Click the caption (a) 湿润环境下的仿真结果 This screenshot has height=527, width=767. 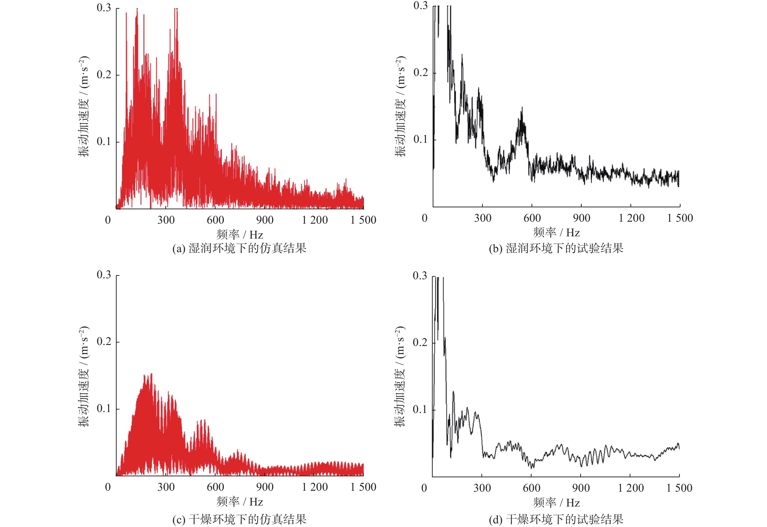tap(239, 248)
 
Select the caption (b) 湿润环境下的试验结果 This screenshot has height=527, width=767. tap(556, 248)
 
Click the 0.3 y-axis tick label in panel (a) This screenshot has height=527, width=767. tap(104, 8)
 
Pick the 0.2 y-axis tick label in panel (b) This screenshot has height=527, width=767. tap(421, 72)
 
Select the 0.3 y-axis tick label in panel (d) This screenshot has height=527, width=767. tap(420, 276)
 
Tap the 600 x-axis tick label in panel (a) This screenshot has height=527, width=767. tap(215, 220)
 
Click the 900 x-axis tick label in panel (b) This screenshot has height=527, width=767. tap(581, 218)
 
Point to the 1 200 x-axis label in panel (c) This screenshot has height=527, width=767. tap(315, 487)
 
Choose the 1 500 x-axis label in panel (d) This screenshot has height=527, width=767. tap(679, 488)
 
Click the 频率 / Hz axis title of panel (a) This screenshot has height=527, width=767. tap(240, 235)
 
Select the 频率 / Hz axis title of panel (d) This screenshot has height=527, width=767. tap(556, 503)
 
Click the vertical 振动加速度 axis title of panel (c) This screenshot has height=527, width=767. tap(84, 376)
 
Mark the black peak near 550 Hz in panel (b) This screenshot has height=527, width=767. tap(522, 109)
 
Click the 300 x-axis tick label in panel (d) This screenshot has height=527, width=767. tap(482, 488)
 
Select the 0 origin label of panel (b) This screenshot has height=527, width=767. tap(424, 218)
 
